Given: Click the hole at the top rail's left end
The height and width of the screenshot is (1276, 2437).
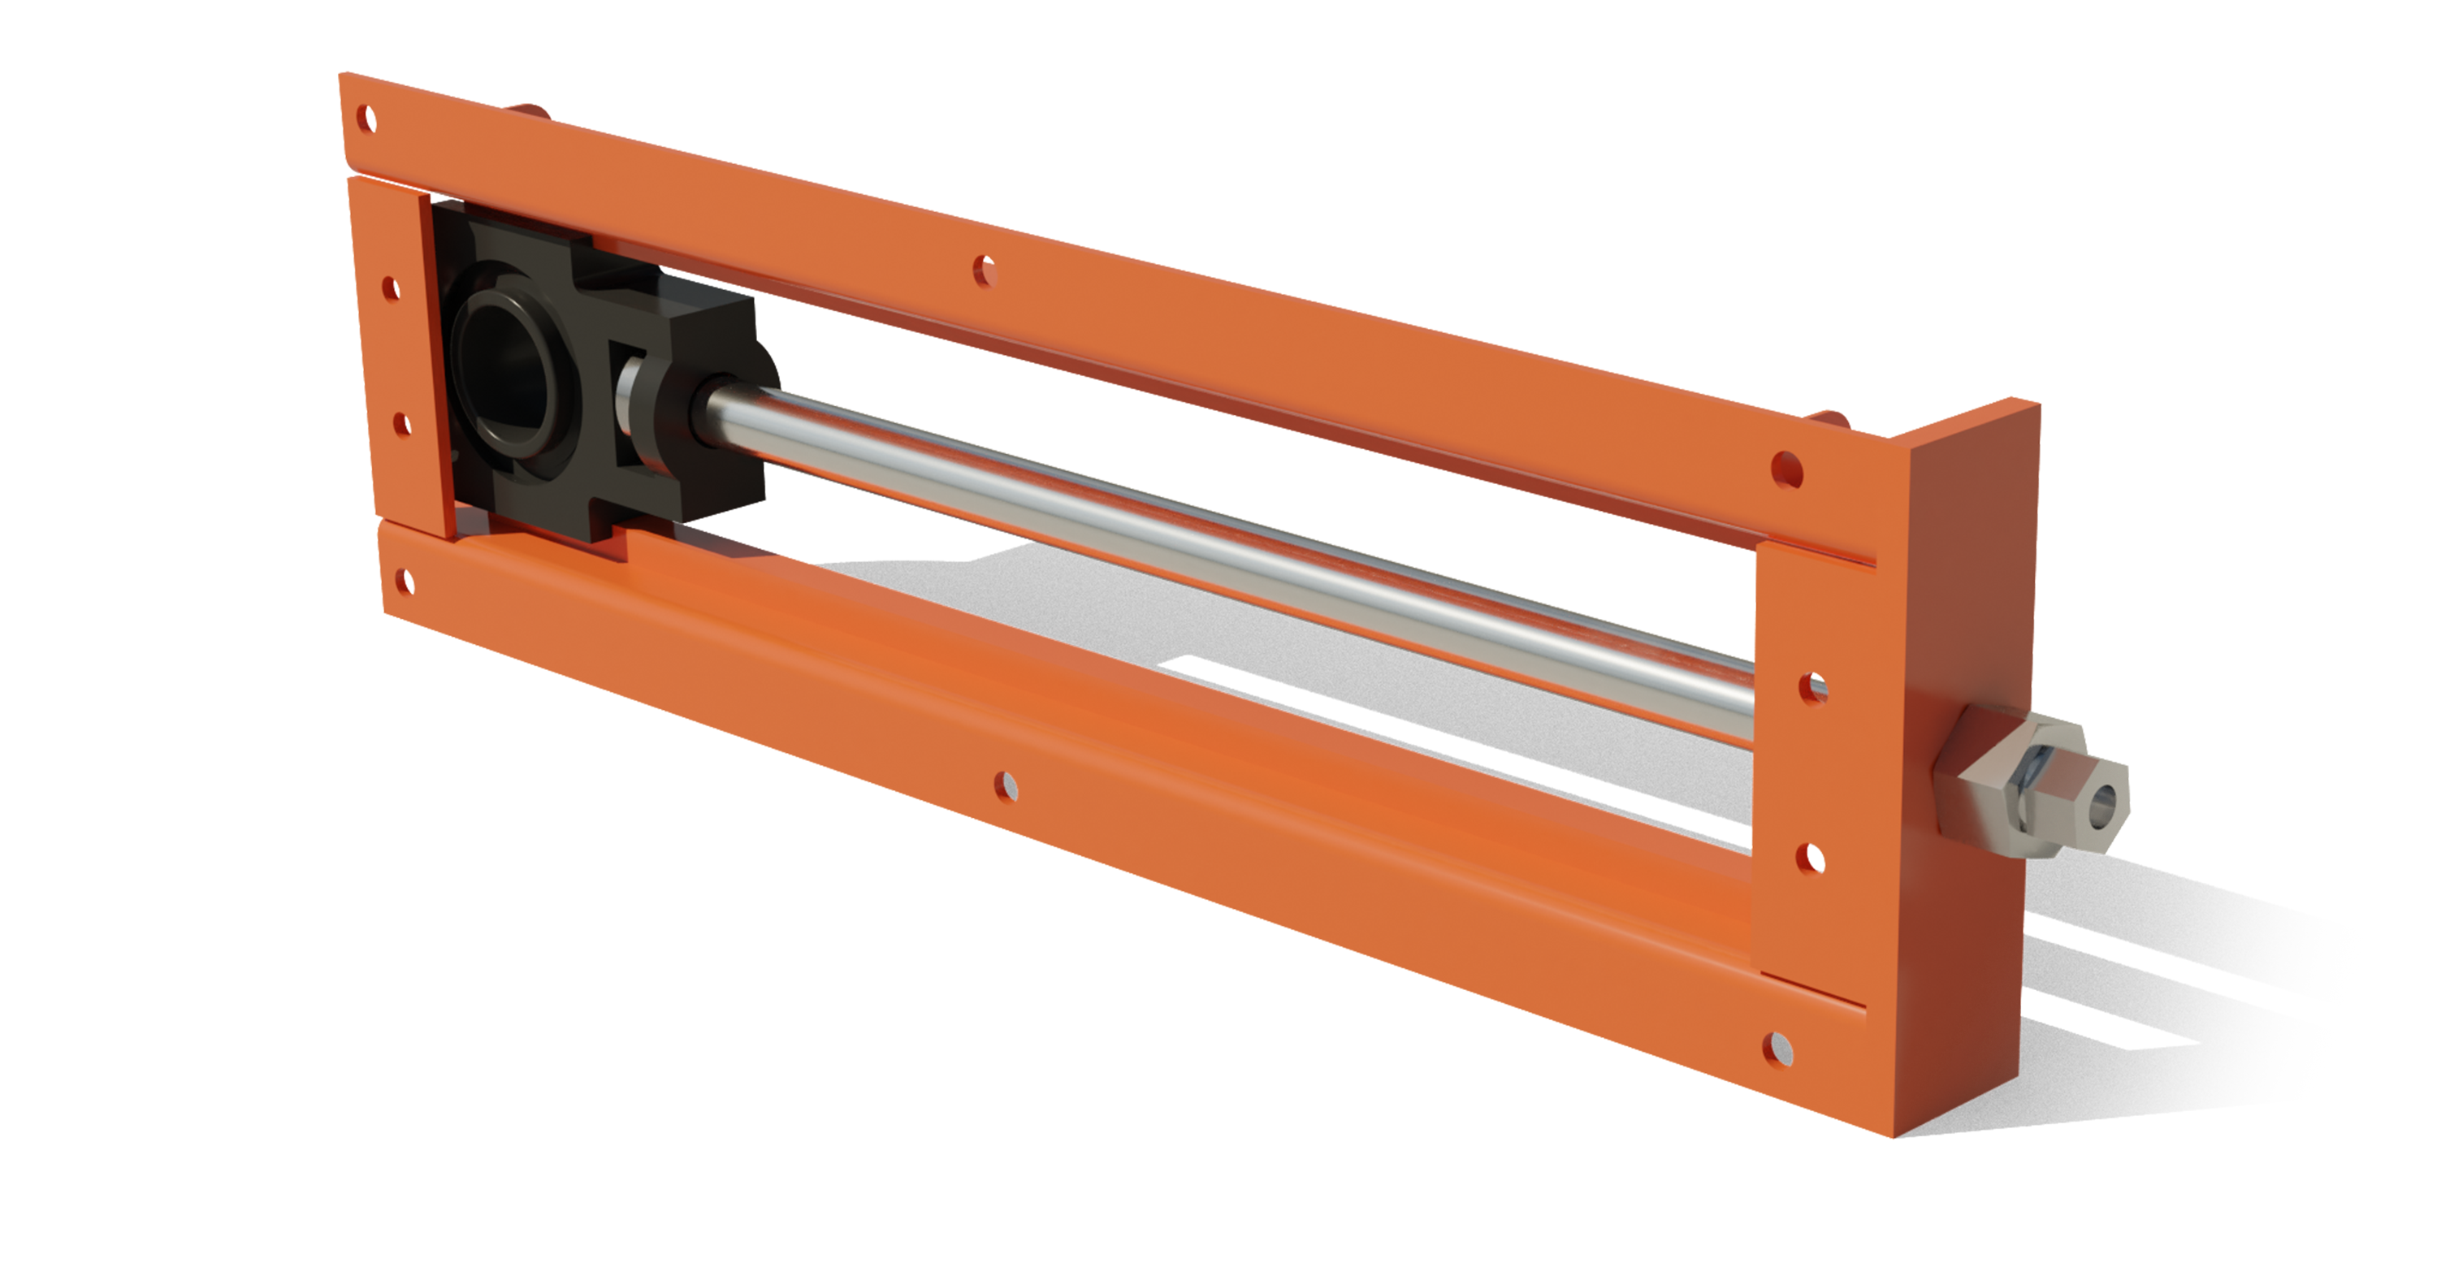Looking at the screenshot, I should [368, 120].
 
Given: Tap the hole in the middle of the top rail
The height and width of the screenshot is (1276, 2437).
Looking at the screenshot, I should [985, 270].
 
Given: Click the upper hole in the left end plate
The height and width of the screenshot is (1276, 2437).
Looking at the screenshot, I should [389, 288].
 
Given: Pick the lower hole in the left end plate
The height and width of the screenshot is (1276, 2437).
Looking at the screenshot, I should [401, 424].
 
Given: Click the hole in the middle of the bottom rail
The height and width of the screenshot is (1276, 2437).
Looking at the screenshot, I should [1006, 785].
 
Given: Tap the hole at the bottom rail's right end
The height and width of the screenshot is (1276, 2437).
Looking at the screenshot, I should [1778, 1048].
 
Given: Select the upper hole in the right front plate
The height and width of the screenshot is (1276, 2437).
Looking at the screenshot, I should [1812, 688].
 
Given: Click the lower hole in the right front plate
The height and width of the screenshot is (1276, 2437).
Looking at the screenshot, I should [1810, 857].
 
